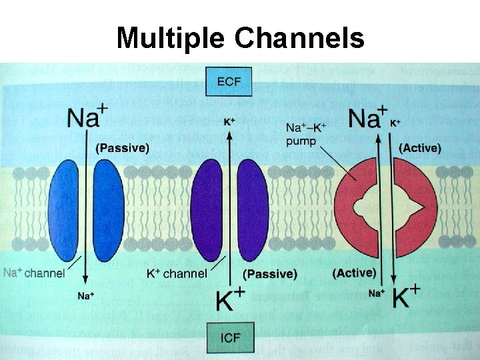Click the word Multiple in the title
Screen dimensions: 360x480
tap(171, 39)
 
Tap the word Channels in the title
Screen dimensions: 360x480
tap(299, 39)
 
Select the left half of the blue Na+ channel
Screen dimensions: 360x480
tap(63, 210)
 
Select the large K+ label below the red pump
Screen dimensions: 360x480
tap(405, 297)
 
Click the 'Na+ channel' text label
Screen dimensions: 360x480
tap(34, 273)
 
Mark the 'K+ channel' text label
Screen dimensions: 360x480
tap(177, 273)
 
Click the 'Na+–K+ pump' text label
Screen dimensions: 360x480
tap(308, 133)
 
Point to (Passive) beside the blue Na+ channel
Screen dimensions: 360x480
tap(123, 147)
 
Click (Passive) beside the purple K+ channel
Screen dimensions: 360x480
tap(270, 274)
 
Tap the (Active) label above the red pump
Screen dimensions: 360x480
tap(419, 147)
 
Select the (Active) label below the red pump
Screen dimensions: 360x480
tap(354, 273)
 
